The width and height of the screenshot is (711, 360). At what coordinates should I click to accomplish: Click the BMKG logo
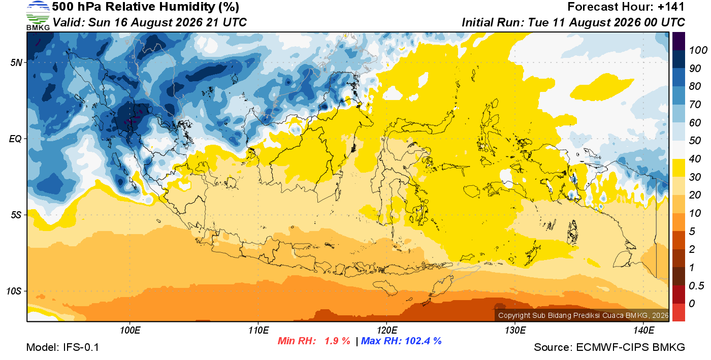pyautogui.click(x=38, y=16)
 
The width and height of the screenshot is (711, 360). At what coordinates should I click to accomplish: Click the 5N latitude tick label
pyautogui.click(x=16, y=62)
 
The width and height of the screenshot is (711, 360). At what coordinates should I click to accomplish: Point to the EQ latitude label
pyautogui.click(x=15, y=139)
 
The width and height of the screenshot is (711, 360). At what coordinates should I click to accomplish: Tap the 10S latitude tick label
pyautogui.click(x=14, y=291)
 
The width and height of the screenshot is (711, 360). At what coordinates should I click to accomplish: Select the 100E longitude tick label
pyautogui.click(x=130, y=330)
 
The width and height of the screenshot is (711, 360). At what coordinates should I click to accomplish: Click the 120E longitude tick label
pyautogui.click(x=387, y=330)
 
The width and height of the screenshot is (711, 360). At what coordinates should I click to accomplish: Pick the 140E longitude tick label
pyautogui.click(x=643, y=330)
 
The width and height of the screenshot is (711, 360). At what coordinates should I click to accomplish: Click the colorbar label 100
pyautogui.click(x=698, y=50)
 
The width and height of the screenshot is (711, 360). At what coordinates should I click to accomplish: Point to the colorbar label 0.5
pyautogui.click(x=696, y=286)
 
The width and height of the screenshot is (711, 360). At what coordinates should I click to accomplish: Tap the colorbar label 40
pyautogui.click(x=695, y=159)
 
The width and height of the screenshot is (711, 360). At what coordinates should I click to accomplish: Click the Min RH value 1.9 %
pyautogui.click(x=337, y=341)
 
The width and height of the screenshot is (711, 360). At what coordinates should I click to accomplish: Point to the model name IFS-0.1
pyautogui.click(x=81, y=347)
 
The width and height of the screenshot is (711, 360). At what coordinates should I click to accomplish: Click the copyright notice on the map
pyautogui.click(x=583, y=315)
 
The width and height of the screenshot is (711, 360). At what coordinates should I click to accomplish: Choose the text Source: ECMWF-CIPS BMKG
pyautogui.click(x=609, y=347)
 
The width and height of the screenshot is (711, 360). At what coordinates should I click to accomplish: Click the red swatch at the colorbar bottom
pyautogui.click(x=678, y=312)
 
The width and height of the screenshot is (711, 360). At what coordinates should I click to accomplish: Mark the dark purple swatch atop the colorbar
pyautogui.click(x=678, y=41)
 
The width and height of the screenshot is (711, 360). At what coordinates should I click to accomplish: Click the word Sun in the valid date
pyautogui.click(x=98, y=22)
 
